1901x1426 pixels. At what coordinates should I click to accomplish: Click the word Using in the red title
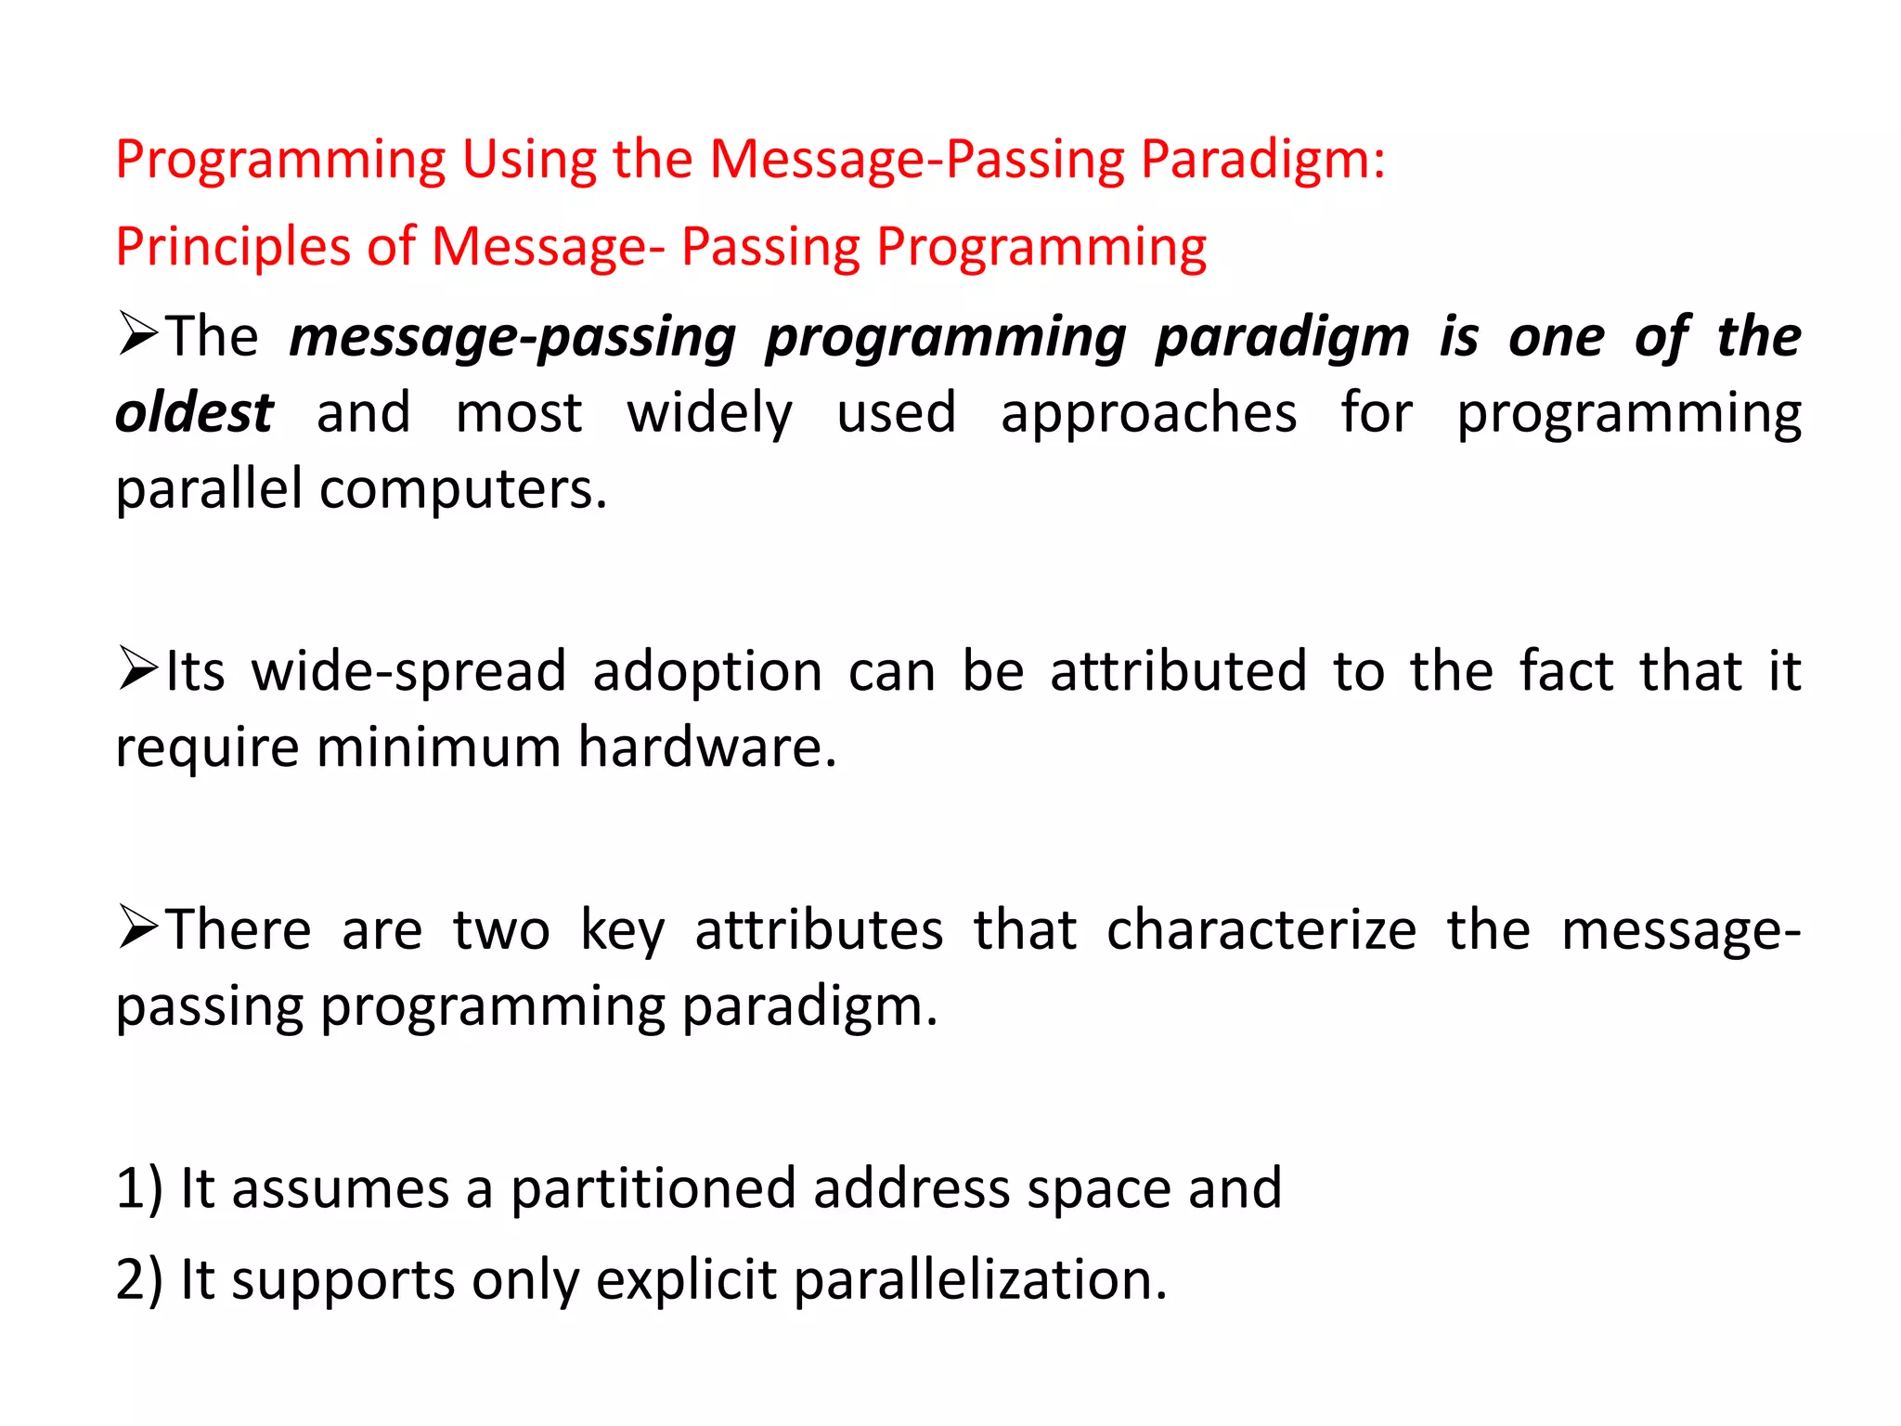pyautogui.click(x=528, y=160)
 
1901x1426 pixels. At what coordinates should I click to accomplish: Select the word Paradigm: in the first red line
pyautogui.click(x=1262, y=160)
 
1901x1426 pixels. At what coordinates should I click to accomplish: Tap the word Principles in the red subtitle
pyautogui.click(x=233, y=248)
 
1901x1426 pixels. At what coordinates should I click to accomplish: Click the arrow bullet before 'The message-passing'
pyautogui.click(x=138, y=334)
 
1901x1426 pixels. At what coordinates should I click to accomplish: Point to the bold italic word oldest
pyautogui.click(x=194, y=413)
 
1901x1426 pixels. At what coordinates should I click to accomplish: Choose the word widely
pyautogui.click(x=709, y=413)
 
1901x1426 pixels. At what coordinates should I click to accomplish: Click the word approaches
pyautogui.click(x=1148, y=413)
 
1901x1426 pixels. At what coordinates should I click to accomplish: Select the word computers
pyautogui.click(x=463, y=489)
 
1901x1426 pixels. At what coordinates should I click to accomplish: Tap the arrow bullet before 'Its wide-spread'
pyautogui.click(x=138, y=669)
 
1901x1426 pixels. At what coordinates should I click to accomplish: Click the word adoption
pyautogui.click(x=707, y=671)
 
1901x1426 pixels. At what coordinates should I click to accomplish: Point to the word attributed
pyautogui.click(x=1178, y=671)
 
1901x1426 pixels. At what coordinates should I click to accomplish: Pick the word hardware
pyautogui.click(x=707, y=747)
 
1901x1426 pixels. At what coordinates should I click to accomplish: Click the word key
pyautogui.click(x=622, y=930)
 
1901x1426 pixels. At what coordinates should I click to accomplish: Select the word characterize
pyautogui.click(x=1261, y=930)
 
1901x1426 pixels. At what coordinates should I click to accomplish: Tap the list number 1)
pyautogui.click(x=139, y=1188)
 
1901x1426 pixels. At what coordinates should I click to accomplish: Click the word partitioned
pyautogui.click(x=653, y=1188)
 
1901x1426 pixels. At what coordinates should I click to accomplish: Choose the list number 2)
pyautogui.click(x=139, y=1279)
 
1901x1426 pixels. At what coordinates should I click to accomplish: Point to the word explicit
pyautogui.click(x=686, y=1279)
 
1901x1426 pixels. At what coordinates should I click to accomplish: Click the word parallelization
pyautogui.click(x=980, y=1279)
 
